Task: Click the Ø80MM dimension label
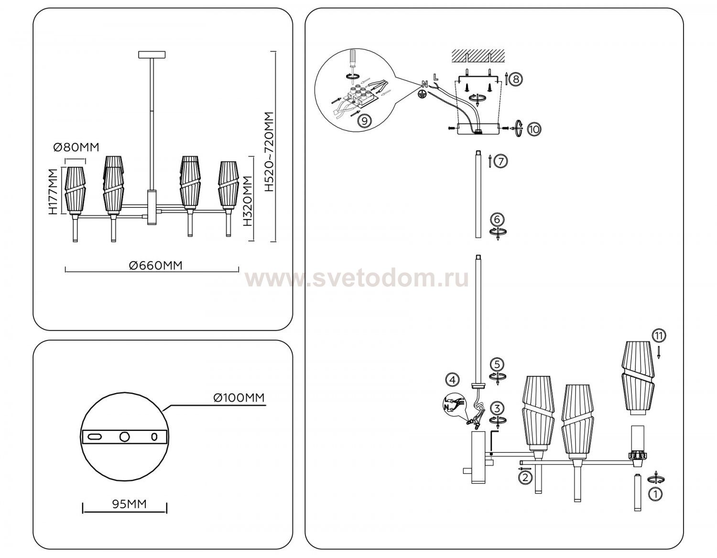point(76,147)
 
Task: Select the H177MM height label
point(53,192)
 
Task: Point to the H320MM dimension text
point(247,201)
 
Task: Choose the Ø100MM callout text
point(239,398)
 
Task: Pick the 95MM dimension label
point(130,504)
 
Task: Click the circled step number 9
point(364,121)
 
